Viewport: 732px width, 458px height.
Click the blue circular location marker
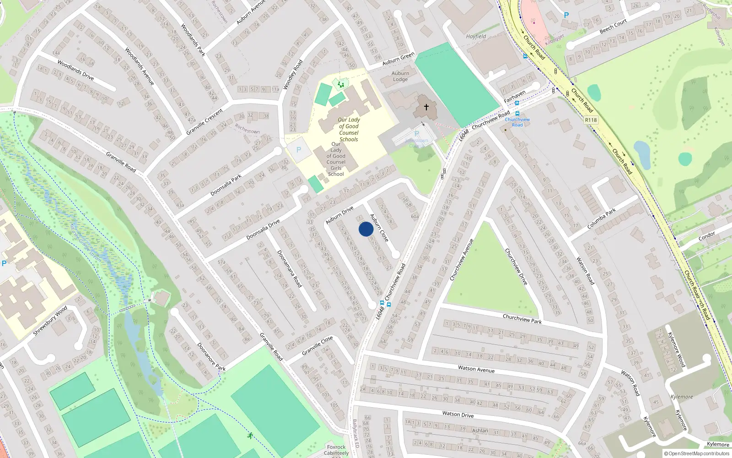(366, 229)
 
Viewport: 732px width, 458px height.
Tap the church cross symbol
(426, 107)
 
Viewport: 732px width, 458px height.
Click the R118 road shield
(591, 120)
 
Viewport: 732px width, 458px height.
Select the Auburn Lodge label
(400, 76)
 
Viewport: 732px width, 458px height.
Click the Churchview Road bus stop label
(517, 122)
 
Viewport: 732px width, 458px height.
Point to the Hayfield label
(476, 36)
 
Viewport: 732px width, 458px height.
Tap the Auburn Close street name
(379, 228)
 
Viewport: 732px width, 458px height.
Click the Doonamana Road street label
(289, 269)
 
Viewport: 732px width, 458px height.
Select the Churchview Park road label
(522, 319)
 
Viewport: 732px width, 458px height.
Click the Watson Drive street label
(457, 414)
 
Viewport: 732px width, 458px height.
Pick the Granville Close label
(318, 346)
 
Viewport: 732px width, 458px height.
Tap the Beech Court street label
(613, 27)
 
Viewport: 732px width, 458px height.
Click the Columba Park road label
(602, 218)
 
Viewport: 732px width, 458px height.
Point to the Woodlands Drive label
(75, 70)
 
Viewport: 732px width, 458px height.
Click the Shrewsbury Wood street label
(50, 320)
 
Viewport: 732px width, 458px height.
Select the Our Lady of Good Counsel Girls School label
(336, 159)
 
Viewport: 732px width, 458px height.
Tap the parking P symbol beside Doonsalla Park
(299, 150)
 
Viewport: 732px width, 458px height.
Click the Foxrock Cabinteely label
(336, 450)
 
